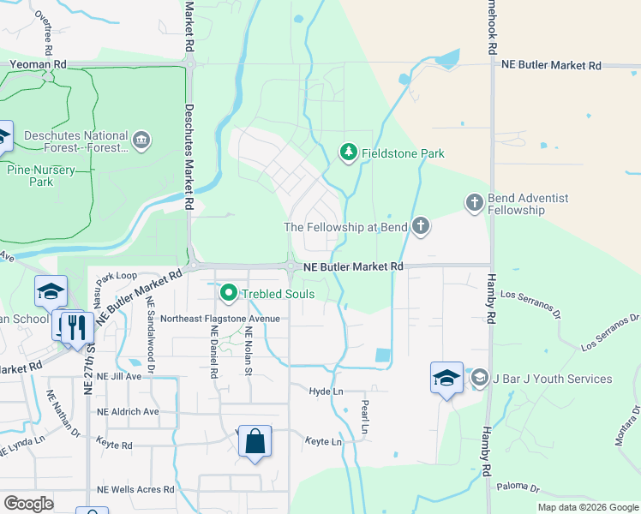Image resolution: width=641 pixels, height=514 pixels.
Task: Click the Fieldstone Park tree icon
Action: (x=348, y=153)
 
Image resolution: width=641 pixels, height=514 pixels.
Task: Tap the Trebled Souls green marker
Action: (x=229, y=294)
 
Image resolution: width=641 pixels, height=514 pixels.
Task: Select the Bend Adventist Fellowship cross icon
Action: (x=475, y=203)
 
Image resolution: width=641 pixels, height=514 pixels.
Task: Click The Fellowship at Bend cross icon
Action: (x=420, y=227)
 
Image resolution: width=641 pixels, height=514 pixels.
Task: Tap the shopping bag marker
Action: (x=255, y=442)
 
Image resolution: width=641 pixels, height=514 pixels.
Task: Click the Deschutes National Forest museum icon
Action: (x=142, y=138)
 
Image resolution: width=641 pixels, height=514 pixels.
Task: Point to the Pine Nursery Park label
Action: (x=41, y=176)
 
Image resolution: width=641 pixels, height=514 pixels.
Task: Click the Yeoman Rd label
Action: (x=38, y=64)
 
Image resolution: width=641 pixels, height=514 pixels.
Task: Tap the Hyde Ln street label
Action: (x=326, y=391)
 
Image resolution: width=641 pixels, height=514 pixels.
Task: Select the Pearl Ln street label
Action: (x=364, y=415)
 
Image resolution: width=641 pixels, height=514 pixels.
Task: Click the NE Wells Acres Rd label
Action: (x=135, y=490)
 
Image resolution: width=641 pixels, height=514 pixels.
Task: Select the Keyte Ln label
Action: (x=324, y=442)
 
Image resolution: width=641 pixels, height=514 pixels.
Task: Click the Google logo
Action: (x=29, y=504)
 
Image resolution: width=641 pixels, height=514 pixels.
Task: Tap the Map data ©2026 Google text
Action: (x=588, y=507)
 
